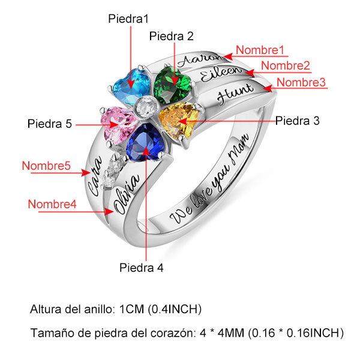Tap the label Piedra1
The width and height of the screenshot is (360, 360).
click(128, 19)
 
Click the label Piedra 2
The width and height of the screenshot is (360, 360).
click(172, 37)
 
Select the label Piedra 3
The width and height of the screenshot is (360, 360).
click(298, 121)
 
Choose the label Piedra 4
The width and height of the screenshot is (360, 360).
click(142, 267)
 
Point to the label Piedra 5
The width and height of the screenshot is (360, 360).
click(50, 124)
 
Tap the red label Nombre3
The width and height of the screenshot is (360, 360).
click(301, 82)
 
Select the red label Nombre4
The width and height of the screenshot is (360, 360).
click(52, 204)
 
